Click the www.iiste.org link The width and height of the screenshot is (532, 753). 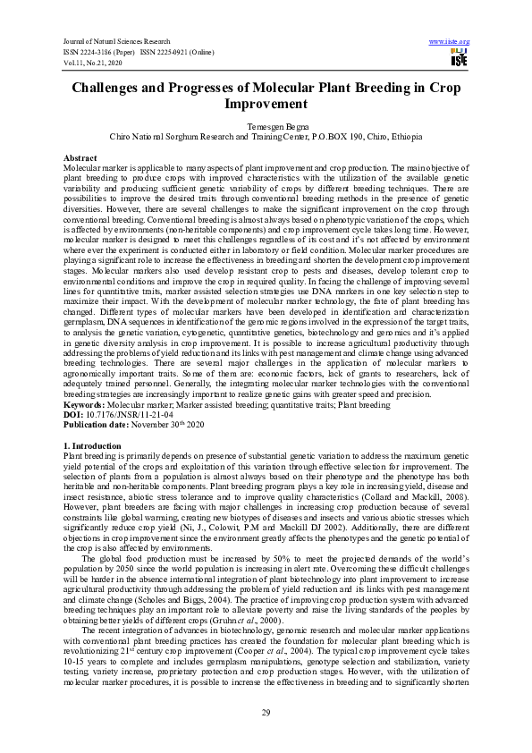click(450, 41)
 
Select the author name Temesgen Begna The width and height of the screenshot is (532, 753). click(266, 127)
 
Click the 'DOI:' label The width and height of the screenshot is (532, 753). click(72, 414)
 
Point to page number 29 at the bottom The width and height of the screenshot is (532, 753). click(266, 712)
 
